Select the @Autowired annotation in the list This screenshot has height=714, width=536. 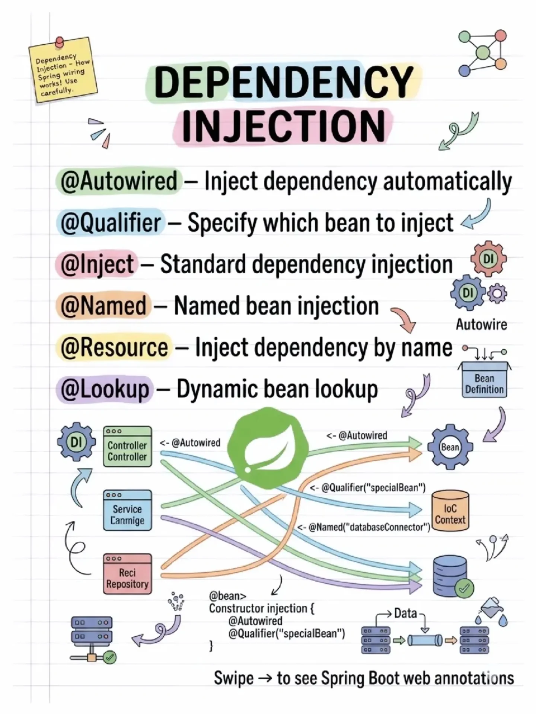point(119,181)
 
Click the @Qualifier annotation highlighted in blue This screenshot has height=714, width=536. point(111,222)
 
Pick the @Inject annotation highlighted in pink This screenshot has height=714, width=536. point(97,264)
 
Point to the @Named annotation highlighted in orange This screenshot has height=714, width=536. point(103,306)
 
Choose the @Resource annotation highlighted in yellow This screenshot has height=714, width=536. point(114,347)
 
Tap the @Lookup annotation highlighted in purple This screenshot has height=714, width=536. point(105,389)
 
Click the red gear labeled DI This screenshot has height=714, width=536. point(488,259)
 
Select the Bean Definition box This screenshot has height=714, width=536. point(484,383)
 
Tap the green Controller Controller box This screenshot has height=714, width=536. point(127,447)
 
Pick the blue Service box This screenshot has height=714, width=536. point(127,511)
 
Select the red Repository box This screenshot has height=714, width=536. point(127,574)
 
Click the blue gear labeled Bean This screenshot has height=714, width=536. point(450,447)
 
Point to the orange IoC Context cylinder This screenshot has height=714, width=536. point(450,511)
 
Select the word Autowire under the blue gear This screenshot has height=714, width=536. point(481,325)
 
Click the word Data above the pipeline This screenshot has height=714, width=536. point(405,613)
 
